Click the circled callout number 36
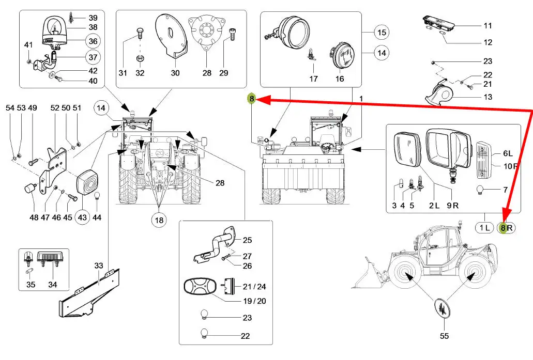(x=93, y=41)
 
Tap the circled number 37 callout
(x=93, y=57)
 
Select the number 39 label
(x=93, y=18)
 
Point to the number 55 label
(x=445, y=336)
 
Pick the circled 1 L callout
(x=484, y=227)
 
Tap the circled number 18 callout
(x=159, y=220)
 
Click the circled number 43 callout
(x=82, y=217)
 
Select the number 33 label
(x=99, y=265)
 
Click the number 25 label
(x=247, y=240)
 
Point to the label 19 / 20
(x=254, y=301)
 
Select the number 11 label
(x=488, y=25)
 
